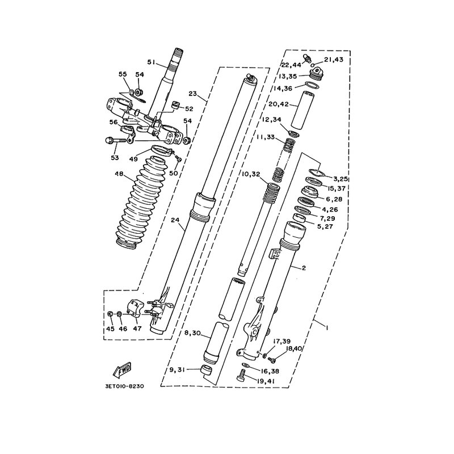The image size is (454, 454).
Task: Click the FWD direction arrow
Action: tap(123, 370)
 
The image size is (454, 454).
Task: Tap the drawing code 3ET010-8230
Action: tap(125, 386)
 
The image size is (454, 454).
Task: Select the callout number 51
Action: tap(152, 62)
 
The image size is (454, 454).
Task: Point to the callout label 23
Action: tap(192, 94)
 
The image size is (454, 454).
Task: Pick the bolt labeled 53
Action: tap(116, 141)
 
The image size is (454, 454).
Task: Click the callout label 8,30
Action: tap(192, 333)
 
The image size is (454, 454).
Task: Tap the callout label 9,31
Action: tap(178, 370)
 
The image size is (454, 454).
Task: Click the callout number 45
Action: tap(110, 329)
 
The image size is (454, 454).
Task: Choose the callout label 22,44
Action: tap(291, 65)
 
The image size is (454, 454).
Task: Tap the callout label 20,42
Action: tap(279, 104)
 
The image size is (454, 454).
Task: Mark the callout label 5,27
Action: tap(325, 226)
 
